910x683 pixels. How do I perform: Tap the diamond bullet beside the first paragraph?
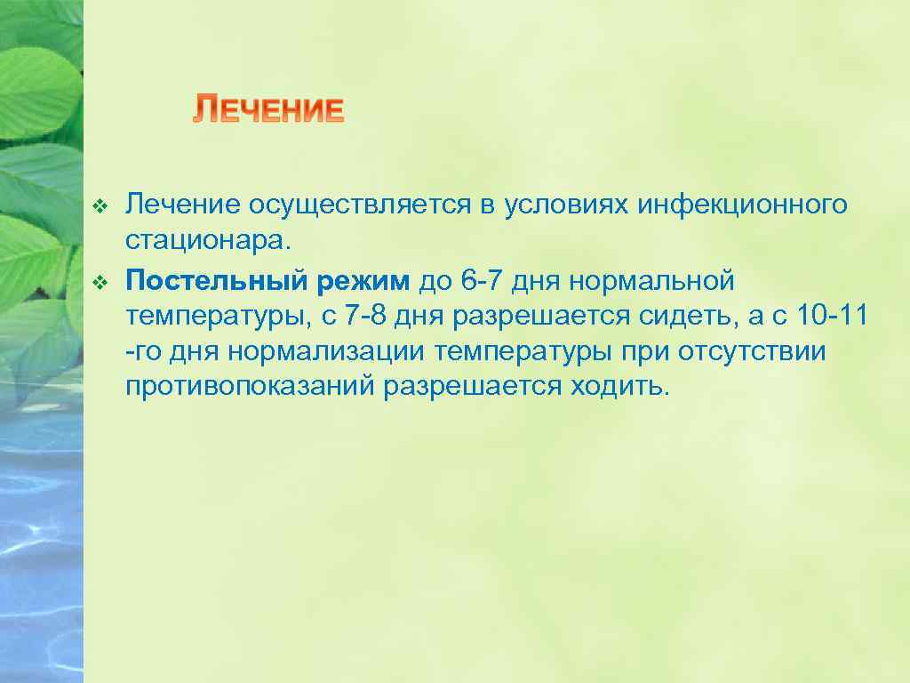click(100, 207)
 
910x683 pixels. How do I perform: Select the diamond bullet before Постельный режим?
click(100, 283)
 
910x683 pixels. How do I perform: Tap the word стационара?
click(207, 241)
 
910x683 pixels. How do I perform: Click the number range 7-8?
click(370, 317)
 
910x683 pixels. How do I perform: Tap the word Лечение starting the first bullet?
click(182, 206)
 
